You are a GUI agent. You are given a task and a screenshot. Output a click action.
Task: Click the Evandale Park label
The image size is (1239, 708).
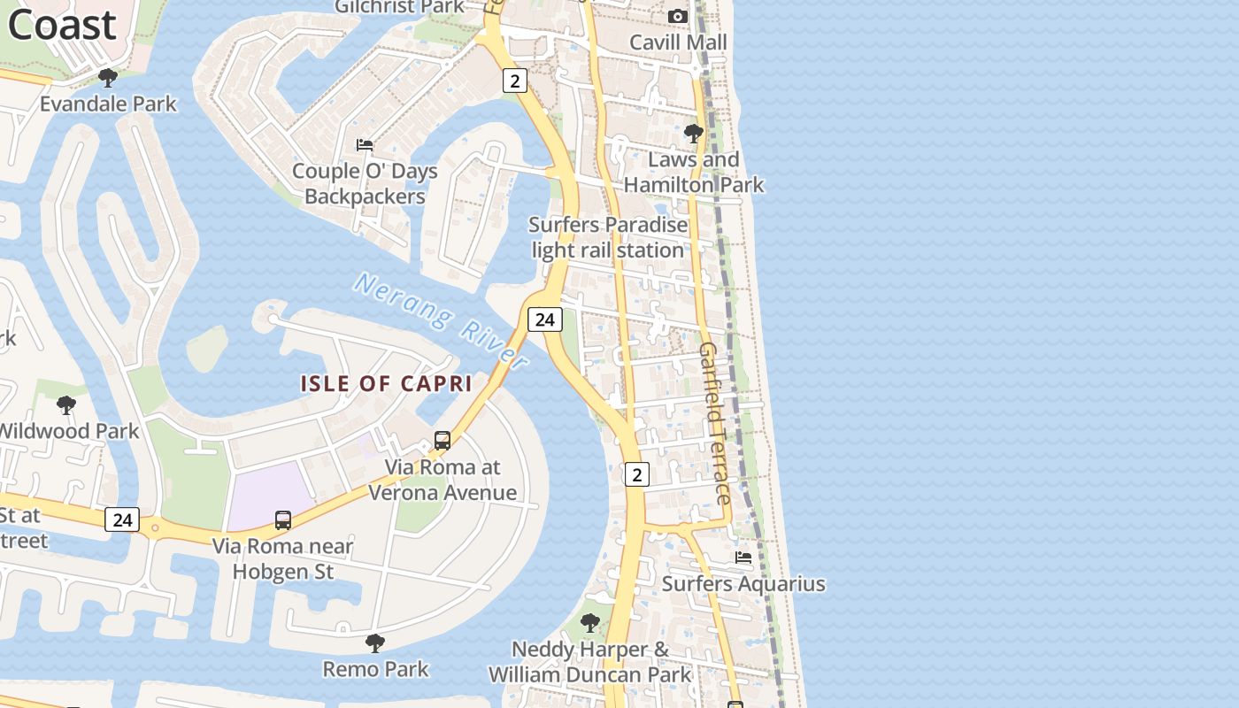(x=108, y=104)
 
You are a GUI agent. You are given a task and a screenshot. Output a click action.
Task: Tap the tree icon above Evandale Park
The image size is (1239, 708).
(x=108, y=78)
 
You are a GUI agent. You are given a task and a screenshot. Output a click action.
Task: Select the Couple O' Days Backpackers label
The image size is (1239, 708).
(x=365, y=183)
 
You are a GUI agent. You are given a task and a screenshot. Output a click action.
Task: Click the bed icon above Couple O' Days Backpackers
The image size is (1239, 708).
(x=365, y=144)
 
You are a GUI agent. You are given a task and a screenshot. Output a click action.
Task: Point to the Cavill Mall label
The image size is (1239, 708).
(x=678, y=42)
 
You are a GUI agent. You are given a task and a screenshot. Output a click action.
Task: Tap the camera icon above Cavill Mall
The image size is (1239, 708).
(x=678, y=16)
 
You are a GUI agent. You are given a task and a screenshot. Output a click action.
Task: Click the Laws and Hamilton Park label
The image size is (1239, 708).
(x=694, y=173)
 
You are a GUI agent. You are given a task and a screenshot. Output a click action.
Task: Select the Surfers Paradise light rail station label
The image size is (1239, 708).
(x=608, y=237)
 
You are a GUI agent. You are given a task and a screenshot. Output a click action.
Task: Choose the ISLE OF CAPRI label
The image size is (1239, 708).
(x=386, y=383)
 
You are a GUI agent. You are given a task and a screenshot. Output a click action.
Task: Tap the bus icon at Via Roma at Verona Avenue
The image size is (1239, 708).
(x=442, y=440)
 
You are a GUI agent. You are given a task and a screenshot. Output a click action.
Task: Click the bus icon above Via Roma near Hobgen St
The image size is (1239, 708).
(x=283, y=519)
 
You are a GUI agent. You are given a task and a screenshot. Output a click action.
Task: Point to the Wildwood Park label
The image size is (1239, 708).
(x=69, y=431)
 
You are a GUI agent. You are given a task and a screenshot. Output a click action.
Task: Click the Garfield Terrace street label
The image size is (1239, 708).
(x=715, y=423)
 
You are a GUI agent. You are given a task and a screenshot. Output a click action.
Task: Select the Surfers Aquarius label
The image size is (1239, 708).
(x=743, y=584)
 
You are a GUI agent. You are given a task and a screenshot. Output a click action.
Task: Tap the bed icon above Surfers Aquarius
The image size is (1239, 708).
(x=743, y=558)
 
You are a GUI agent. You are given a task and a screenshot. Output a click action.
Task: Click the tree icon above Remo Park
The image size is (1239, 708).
(x=375, y=643)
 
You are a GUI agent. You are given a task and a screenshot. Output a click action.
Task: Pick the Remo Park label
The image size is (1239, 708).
(x=375, y=669)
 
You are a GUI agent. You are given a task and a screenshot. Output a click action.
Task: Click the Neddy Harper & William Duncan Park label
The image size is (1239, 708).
(x=590, y=662)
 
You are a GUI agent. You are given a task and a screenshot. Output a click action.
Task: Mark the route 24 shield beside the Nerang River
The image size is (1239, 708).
(x=544, y=319)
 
